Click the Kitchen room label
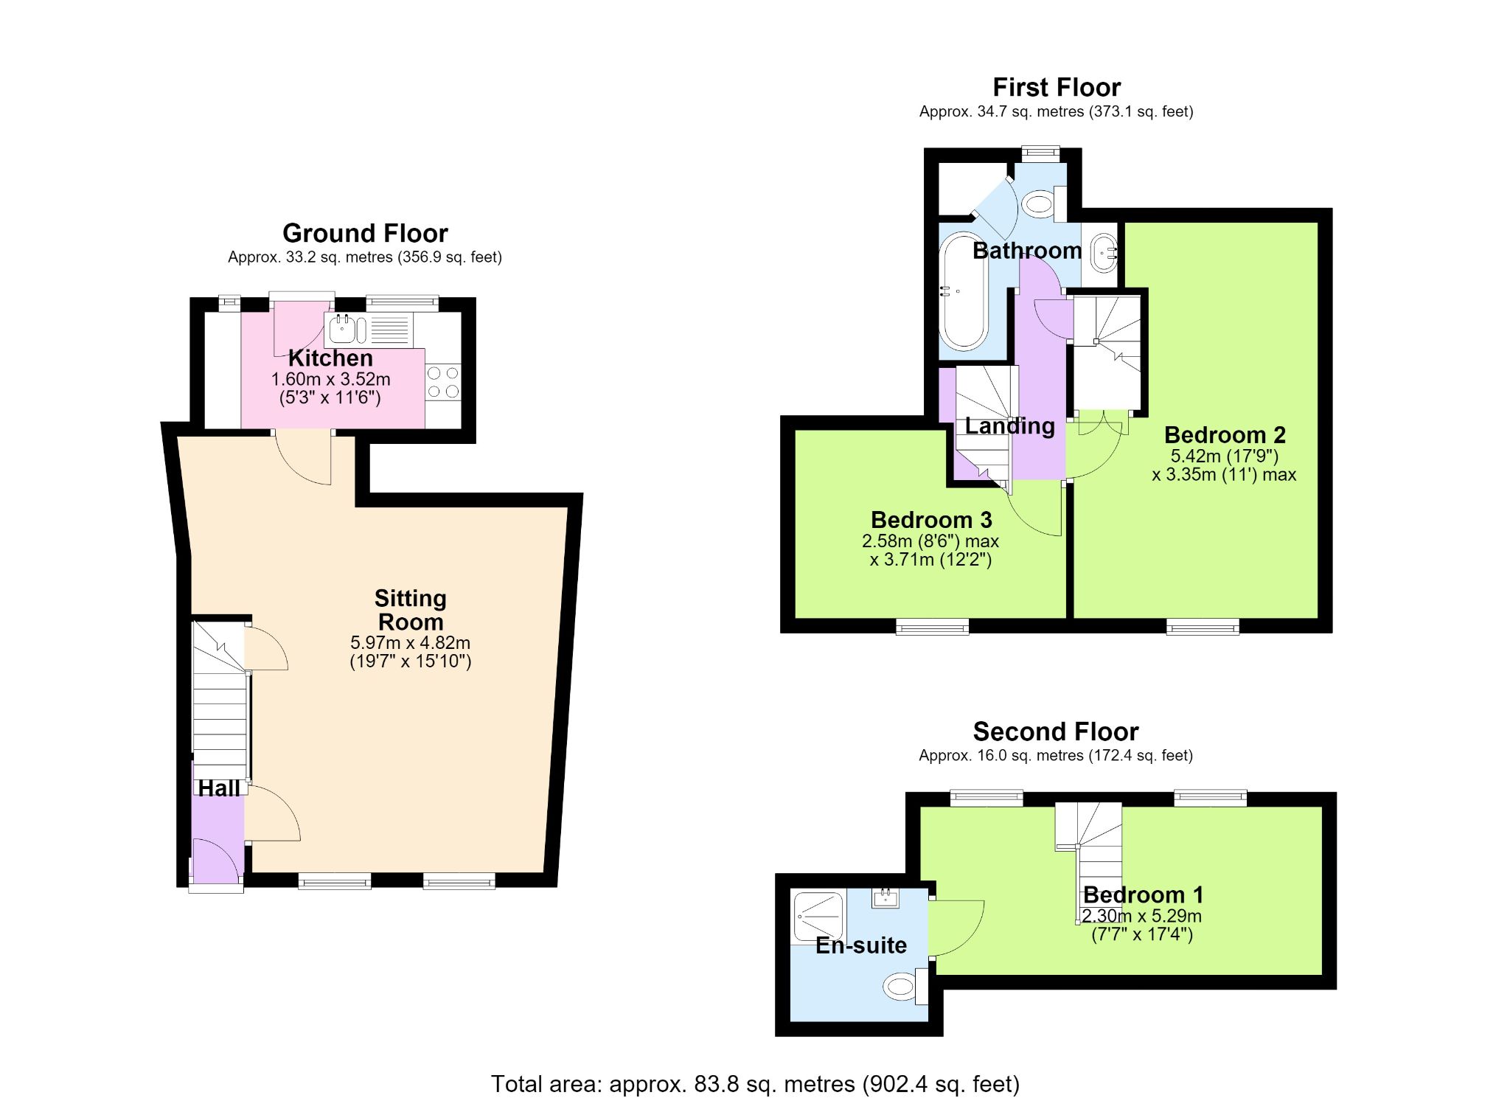tap(330, 358)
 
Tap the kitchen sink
tap(347, 329)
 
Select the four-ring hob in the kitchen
tap(443, 383)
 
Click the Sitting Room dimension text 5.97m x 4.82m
tap(411, 642)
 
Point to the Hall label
tap(219, 788)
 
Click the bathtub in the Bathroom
tap(963, 291)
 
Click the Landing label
tap(1010, 426)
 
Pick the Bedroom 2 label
tap(1225, 435)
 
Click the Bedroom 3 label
tap(931, 520)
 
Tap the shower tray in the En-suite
tap(818, 917)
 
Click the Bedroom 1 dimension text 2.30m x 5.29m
tap(1142, 917)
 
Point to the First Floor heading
tap(1057, 88)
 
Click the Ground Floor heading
tap(365, 234)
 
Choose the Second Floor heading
tap(1056, 732)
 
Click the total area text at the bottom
tap(755, 1084)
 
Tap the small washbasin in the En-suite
tap(885, 897)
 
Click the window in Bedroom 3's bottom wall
tap(933, 627)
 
